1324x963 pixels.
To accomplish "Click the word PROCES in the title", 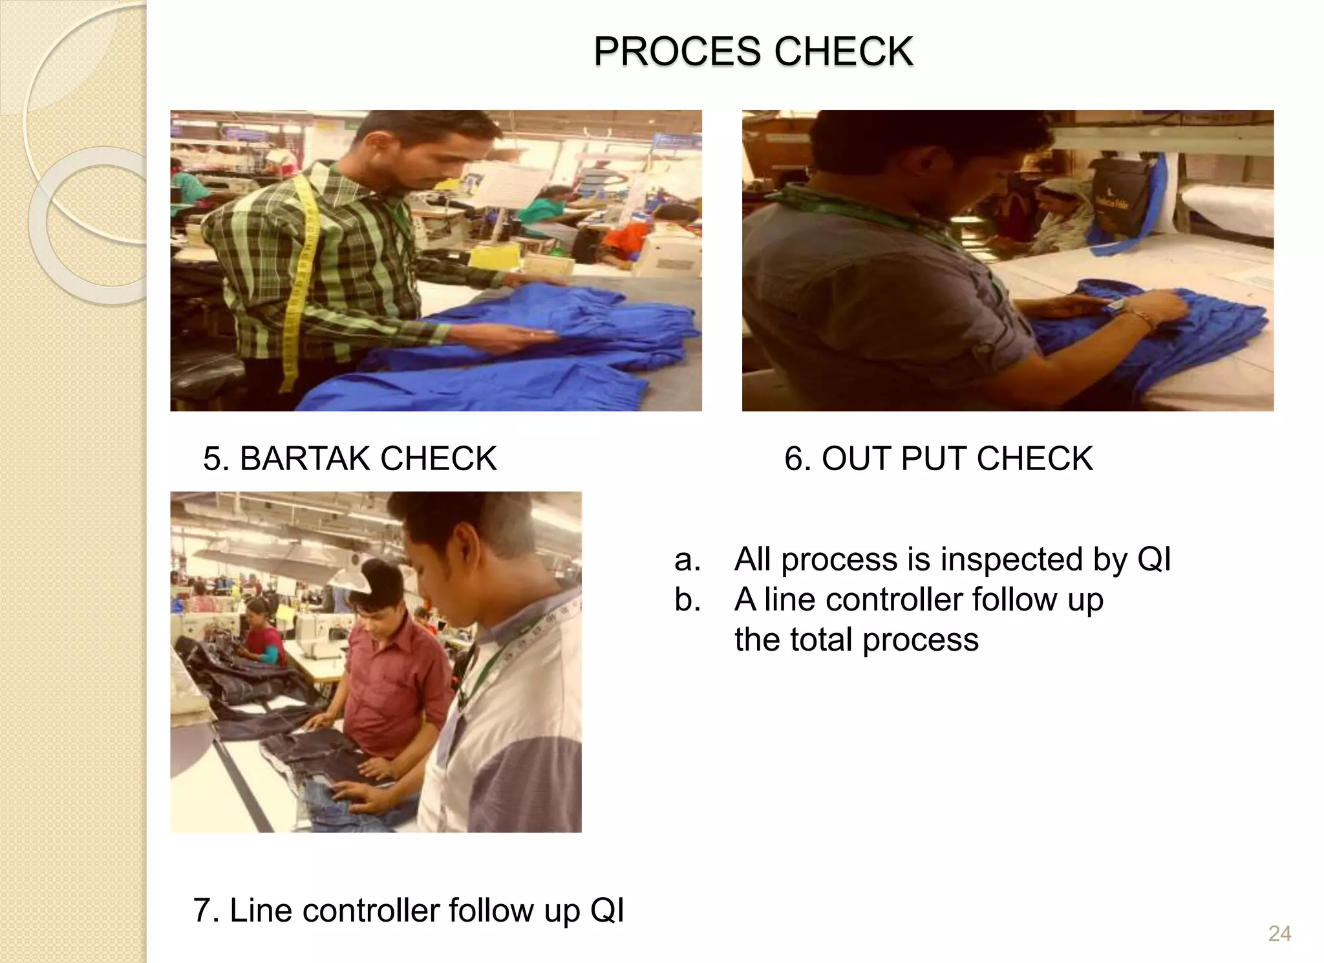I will coord(677,52).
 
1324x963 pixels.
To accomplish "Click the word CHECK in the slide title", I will coord(844,52).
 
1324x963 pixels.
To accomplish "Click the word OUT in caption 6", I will coord(857,459).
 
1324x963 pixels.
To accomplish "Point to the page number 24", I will coord(1279,933).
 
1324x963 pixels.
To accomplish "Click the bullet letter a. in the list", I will coord(687,559).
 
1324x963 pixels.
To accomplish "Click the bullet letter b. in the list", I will coord(687,600).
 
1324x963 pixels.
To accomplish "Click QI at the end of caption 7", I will coord(606,911).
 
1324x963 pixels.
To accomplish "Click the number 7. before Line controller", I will coord(207,911).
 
